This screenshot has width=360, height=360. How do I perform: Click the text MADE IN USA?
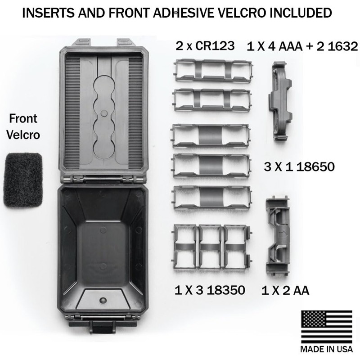(x=327, y=349)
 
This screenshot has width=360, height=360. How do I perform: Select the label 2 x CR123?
(x=205, y=46)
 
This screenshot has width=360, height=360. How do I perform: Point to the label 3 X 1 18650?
(x=299, y=166)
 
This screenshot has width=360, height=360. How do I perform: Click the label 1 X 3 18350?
(x=210, y=290)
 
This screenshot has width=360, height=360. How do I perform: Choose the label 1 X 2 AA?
(x=285, y=290)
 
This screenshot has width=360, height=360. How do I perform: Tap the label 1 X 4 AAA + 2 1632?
(x=302, y=46)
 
